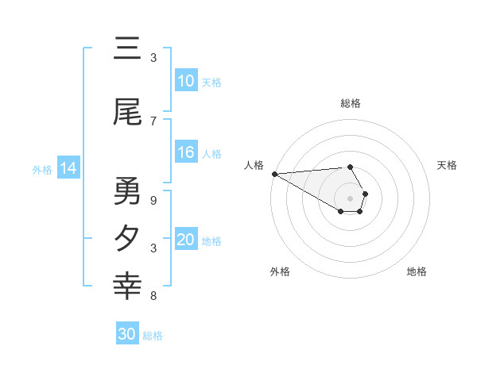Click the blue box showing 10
coord(186,81)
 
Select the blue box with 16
coord(186,153)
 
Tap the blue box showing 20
coord(186,240)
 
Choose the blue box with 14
coord(68,168)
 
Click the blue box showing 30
coord(127,335)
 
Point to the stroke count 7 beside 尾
coord(153,121)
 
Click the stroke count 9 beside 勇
coord(153,201)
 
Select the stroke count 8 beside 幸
coord(153,296)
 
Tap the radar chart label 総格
coord(351,103)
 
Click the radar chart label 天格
coord(447,165)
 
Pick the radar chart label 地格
coord(417,271)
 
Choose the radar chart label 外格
coord(280,271)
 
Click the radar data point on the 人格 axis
coord(274,174)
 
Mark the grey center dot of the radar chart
coord(351,198)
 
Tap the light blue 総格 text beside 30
coord(153,336)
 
